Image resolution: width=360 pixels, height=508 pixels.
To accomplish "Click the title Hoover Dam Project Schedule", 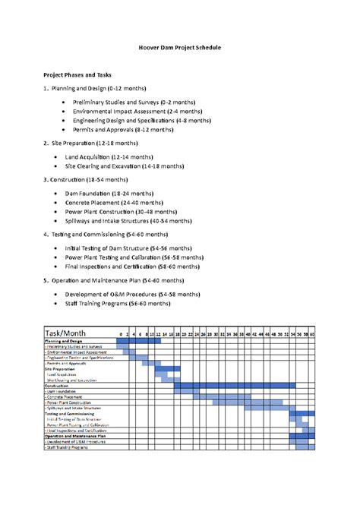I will point(179,48).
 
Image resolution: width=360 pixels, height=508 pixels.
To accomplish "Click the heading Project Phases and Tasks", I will point(77,76).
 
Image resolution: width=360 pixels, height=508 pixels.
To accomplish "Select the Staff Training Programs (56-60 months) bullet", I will point(118,303).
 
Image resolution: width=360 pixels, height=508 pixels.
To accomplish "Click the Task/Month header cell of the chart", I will point(67,333).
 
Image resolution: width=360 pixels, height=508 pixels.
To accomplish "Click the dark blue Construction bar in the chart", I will point(235,386).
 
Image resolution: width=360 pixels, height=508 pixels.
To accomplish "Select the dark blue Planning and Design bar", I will point(139,341).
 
